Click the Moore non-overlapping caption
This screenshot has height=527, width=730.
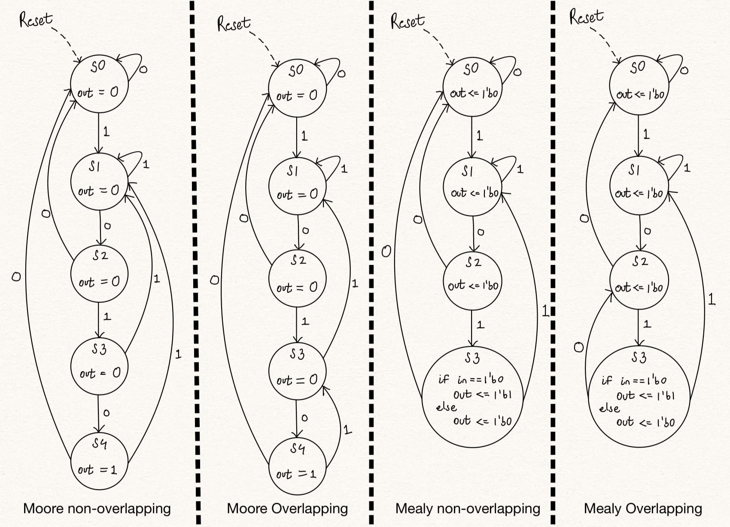(97, 509)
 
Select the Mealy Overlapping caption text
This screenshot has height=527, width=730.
(643, 509)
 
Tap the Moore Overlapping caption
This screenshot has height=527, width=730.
(287, 509)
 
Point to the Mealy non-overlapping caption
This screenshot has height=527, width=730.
(468, 509)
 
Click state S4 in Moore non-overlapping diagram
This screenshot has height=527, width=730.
(99, 461)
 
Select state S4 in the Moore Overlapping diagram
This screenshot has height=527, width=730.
(297, 466)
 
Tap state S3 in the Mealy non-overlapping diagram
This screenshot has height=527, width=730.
(472, 397)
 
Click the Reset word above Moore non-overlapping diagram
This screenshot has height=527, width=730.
(36, 20)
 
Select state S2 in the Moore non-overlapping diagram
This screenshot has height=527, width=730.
(99, 273)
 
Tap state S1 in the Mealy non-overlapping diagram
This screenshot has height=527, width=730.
(472, 187)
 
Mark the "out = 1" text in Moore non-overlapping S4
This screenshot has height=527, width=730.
(97, 470)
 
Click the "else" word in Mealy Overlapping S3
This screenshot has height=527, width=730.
(610, 408)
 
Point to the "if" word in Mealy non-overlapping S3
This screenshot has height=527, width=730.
(443, 379)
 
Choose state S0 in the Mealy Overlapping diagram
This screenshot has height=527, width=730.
(639, 84)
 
